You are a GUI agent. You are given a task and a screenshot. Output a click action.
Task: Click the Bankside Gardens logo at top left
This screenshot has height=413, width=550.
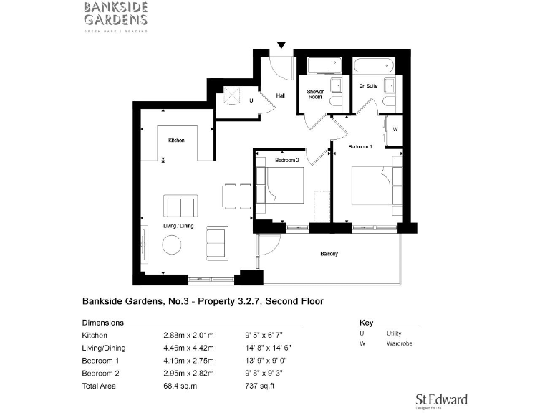[115, 17]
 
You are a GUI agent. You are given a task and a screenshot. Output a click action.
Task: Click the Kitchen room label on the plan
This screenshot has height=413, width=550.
[176, 141]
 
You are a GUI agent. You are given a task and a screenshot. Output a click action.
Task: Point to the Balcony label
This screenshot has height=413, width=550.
[329, 255]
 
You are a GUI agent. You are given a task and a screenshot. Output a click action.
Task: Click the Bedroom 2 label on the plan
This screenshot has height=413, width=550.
[286, 161]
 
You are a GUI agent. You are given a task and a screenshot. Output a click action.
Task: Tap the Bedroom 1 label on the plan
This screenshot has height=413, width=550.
[360, 146]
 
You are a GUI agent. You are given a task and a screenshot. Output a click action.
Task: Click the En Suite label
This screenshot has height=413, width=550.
[368, 86]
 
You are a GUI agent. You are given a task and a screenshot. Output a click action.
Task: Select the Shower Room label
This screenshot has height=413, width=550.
[315, 94]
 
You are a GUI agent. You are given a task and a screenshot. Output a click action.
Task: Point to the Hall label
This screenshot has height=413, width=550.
[282, 95]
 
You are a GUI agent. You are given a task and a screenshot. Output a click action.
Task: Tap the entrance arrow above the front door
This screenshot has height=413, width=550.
[281, 46]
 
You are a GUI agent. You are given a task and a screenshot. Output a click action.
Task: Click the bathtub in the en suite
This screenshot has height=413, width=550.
[375, 66]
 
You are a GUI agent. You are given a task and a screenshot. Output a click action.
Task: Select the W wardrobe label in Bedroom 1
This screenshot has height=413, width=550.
[395, 130]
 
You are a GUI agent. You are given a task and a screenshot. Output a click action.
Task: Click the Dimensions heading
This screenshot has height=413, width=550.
[103, 323]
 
